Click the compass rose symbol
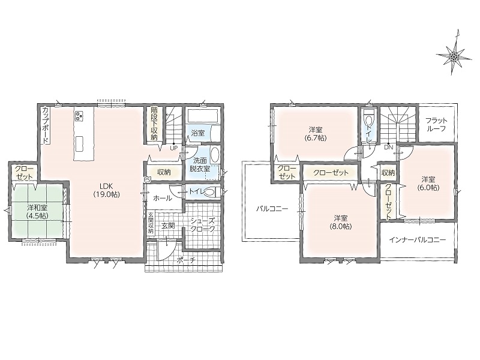[x=454, y=55]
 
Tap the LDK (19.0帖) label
[x=106, y=190]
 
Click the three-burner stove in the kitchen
[x=80, y=116]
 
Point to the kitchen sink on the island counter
[x=79, y=143]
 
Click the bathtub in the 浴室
[x=202, y=116]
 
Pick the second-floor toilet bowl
[x=368, y=118]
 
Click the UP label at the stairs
[x=173, y=148]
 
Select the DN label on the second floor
[x=388, y=147]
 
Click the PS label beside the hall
[x=146, y=180]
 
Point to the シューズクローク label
[x=203, y=224]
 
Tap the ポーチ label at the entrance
[x=186, y=260]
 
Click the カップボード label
[x=46, y=125]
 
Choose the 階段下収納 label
[x=154, y=124]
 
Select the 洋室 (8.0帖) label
[x=341, y=222]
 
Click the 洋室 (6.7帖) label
[x=316, y=134]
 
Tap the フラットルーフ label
[x=436, y=124]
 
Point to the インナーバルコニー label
[x=418, y=240]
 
